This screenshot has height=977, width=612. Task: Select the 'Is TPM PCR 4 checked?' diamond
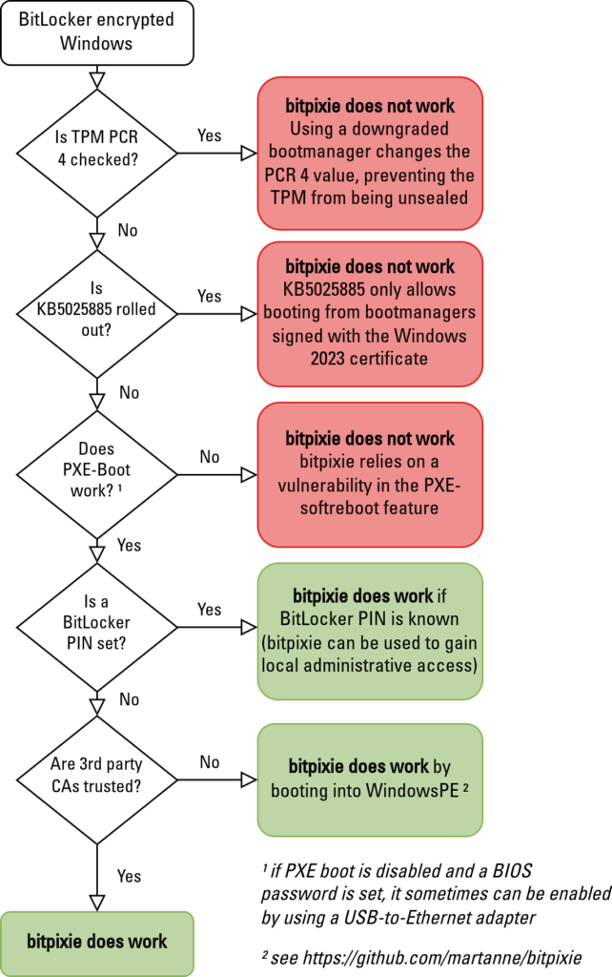(x=96, y=153)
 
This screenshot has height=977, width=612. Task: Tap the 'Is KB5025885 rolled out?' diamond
(x=96, y=313)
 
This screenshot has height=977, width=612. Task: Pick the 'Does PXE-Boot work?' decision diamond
(x=96, y=474)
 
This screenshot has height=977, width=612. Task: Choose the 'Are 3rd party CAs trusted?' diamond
(x=96, y=780)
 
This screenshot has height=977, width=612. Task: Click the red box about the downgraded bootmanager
(x=370, y=153)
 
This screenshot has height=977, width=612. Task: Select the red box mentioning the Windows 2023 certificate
(x=370, y=313)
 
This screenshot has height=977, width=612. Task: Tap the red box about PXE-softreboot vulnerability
(x=370, y=474)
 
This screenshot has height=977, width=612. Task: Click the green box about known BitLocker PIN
(x=370, y=632)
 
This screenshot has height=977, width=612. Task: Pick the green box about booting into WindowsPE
(x=370, y=779)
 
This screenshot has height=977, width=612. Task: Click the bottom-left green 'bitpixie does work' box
(x=96, y=942)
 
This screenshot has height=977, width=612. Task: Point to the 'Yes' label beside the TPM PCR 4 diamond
(x=209, y=135)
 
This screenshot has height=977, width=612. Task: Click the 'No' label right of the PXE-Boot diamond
(x=209, y=457)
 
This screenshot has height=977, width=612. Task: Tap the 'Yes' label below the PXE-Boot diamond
(x=128, y=545)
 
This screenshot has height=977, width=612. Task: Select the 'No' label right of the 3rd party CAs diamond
(x=209, y=762)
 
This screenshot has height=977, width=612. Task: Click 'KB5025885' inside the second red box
(x=325, y=288)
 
